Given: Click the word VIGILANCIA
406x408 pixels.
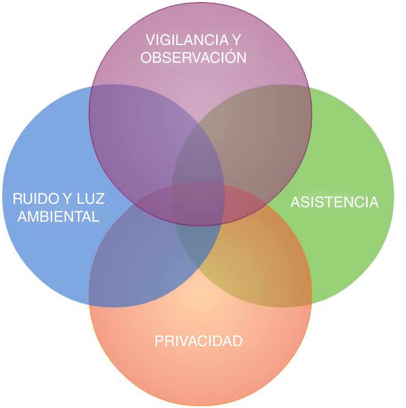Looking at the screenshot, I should (x=187, y=40).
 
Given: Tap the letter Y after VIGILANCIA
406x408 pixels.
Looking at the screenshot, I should (x=236, y=40).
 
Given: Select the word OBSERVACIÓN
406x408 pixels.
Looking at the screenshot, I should (x=193, y=57).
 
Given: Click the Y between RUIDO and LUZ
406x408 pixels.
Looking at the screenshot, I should (x=67, y=199).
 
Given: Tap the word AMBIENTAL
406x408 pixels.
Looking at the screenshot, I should (x=58, y=216).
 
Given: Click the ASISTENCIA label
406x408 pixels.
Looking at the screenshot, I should (x=334, y=202).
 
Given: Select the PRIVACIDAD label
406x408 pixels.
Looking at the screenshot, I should (x=198, y=341).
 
